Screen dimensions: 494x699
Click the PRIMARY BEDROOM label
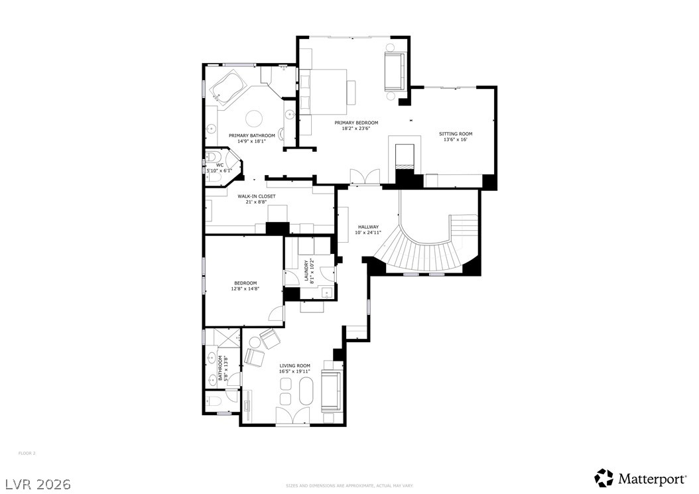click(356, 123)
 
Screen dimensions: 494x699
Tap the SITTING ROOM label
click(456, 134)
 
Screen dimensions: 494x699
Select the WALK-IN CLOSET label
click(257, 196)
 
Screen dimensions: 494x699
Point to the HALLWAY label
click(367, 227)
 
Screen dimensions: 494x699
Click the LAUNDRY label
click(307, 271)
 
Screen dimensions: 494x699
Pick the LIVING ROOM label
click(294, 365)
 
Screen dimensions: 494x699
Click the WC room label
click(220, 165)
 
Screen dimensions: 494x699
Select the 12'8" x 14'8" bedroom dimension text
click(245, 288)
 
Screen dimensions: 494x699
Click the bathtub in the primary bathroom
click(227, 88)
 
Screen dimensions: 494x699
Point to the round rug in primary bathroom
click(255, 119)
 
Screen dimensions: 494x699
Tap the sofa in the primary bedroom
click(394, 72)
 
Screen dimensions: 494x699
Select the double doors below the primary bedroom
click(365, 176)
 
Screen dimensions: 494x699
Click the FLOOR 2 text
click(27, 454)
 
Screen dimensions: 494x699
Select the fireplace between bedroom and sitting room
click(404, 156)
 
